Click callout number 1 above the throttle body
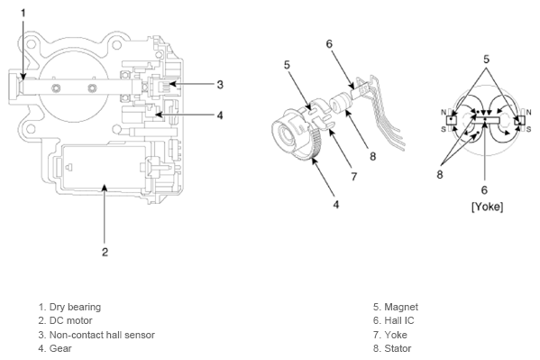[23, 14]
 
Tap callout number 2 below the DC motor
[105, 252]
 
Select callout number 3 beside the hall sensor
[220, 85]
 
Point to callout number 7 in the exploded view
[354, 177]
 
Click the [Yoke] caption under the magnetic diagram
[487, 207]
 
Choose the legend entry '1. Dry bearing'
[69, 307]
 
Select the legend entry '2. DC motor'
[65, 320]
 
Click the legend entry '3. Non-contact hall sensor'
[96, 335]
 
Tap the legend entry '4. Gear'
[55, 348]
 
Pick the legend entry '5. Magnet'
[396, 307]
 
